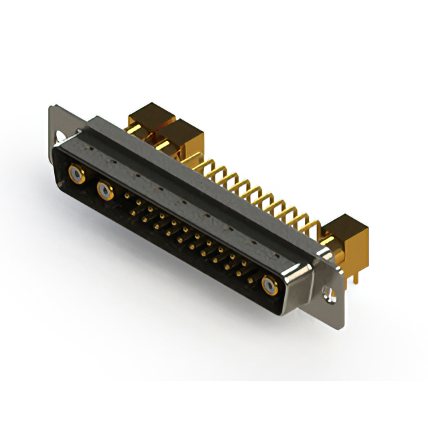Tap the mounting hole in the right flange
327,292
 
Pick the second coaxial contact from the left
105,193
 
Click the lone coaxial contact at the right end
270,286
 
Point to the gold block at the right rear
349,238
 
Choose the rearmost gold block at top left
150,118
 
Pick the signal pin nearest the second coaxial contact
127,196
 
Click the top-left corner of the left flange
51,107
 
